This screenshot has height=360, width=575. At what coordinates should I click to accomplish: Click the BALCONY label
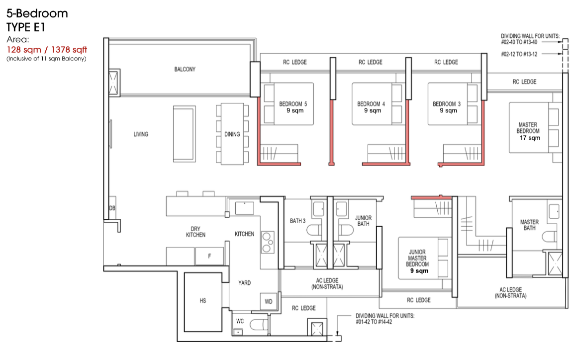click(185, 69)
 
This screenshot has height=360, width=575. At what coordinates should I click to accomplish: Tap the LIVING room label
click(141, 134)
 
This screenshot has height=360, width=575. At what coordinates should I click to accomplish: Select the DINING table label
click(232, 134)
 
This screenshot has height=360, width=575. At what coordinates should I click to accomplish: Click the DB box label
click(112, 208)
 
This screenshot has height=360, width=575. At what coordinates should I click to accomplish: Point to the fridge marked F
click(209, 256)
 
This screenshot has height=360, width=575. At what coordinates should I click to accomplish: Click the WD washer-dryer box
click(269, 302)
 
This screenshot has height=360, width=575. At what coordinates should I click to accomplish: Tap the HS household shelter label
click(203, 301)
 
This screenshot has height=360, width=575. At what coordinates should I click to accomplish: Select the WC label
click(240, 321)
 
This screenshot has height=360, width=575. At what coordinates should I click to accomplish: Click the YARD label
click(245, 282)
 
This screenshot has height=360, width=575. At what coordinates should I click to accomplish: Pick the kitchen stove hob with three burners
click(268, 242)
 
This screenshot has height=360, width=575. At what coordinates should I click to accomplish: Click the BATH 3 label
click(298, 221)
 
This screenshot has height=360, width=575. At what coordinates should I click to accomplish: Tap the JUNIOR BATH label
click(364, 221)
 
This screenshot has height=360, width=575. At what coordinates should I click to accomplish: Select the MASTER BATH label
click(530, 225)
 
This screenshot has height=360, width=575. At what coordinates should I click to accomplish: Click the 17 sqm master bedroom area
click(530, 138)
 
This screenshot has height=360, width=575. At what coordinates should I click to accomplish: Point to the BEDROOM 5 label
click(293, 104)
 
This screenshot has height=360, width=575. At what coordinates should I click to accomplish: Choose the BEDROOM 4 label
click(371, 104)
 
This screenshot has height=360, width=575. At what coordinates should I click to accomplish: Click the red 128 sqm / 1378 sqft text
click(47, 50)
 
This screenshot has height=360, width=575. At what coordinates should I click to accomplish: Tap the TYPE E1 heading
click(26, 27)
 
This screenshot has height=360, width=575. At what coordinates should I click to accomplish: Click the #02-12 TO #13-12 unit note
click(519, 54)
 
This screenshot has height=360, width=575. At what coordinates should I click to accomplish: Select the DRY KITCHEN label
click(196, 232)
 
